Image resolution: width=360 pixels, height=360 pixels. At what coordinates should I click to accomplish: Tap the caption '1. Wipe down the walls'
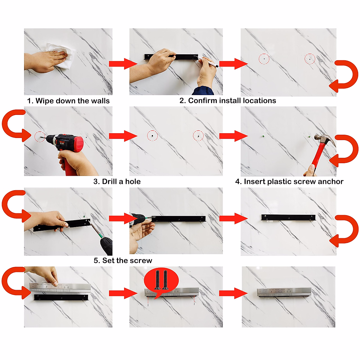click(x=68, y=101)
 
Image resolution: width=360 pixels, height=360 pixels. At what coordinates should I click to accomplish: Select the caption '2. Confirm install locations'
click(x=228, y=100)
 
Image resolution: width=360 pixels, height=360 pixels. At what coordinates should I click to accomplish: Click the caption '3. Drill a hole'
click(x=117, y=181)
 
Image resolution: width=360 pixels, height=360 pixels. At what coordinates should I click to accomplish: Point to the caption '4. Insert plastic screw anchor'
click(x=289, y=181)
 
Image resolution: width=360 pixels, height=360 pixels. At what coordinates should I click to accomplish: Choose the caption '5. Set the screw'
click(x=123, y=260)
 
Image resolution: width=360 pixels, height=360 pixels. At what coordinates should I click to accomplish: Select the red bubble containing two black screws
click(x=161, y=281)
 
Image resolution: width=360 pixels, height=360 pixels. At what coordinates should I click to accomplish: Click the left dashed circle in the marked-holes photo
click(x=264, y=59)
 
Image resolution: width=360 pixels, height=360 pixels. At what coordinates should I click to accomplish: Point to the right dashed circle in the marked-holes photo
click(x=310, y=59)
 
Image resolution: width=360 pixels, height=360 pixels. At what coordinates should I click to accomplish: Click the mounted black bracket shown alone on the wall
click(x=288, y=217)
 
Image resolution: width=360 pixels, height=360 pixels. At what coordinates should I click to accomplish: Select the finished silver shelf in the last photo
click(x=284, y=292)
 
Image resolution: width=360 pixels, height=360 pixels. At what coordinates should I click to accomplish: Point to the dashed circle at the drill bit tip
click(x=40, y=137)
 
